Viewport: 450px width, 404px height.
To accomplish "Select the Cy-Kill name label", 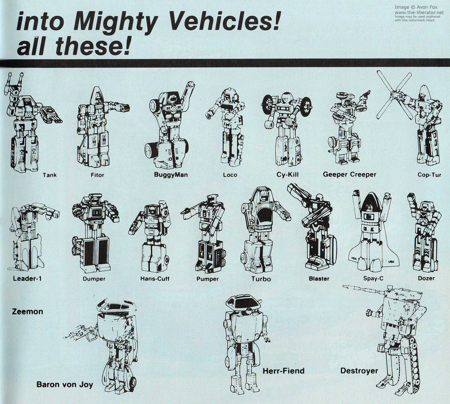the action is (x=287, y=174).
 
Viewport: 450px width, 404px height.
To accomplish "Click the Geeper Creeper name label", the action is (x=349, y=174).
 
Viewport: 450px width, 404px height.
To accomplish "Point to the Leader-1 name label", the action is (x=27, y=278).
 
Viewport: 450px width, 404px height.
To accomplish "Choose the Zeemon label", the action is (x=28, y=312).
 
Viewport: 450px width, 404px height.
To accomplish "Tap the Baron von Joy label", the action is (x=65, y=385).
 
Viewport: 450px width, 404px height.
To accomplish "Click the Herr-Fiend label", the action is (x=283, y=371).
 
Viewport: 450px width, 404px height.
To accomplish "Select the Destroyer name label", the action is (x=359, y=371).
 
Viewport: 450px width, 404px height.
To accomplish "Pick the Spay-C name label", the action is (x=373, y=278).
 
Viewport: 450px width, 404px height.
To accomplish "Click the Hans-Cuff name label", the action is (x=155, y=279).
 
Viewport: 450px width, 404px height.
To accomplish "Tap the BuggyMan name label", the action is (x=171, y=174).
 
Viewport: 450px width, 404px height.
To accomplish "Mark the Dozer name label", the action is (x=426, y=278).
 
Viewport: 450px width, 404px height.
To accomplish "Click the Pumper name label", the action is (x=208, y=279).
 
